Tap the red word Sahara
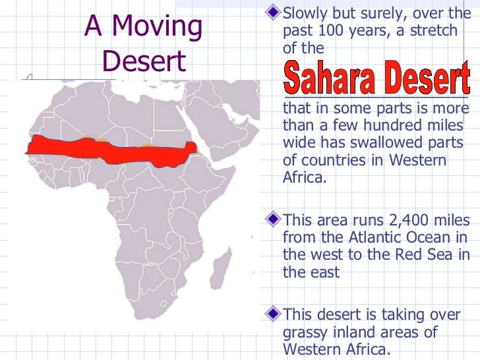pyautogui.click(x=331, y=78)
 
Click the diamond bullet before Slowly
pyautogui.click(x=275, y=13)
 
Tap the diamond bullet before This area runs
pyautogui.click(x=275, y=219)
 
